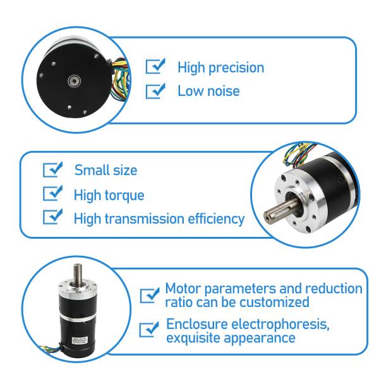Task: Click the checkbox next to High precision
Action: [x=155, y=67]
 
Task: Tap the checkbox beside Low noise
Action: [x=155, y=91]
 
